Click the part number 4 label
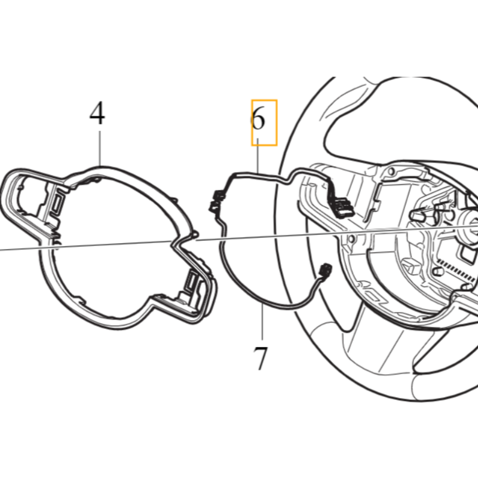tap(97, 114)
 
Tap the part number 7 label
tap(261, 358)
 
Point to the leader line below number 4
tap(100, 148)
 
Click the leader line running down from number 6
tap(258, 156)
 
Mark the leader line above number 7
tap(262, 320)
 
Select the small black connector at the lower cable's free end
tap(325, 270)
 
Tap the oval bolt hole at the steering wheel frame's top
tap(391, 171)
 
